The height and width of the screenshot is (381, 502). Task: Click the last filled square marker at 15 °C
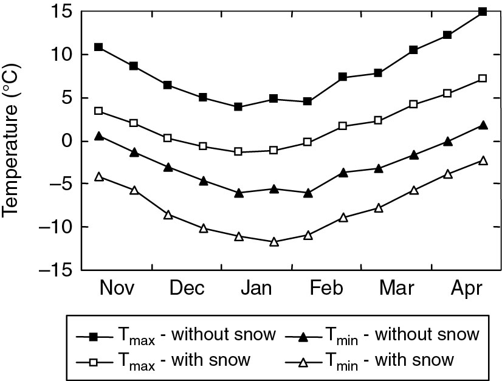[483, 12]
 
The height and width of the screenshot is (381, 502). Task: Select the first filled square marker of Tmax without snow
[98, 47]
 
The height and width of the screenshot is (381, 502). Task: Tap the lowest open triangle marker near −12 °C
[273, 242]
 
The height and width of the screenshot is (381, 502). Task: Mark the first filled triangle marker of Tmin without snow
[98, 136]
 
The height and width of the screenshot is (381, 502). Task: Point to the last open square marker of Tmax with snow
[483, 78]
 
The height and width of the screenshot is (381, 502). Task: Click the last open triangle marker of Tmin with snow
[483, 160]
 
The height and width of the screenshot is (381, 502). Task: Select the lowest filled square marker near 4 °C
[238, 107]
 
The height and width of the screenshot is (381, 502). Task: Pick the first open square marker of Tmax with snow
[98, 111]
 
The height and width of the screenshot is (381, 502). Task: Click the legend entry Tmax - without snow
[176, 335]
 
